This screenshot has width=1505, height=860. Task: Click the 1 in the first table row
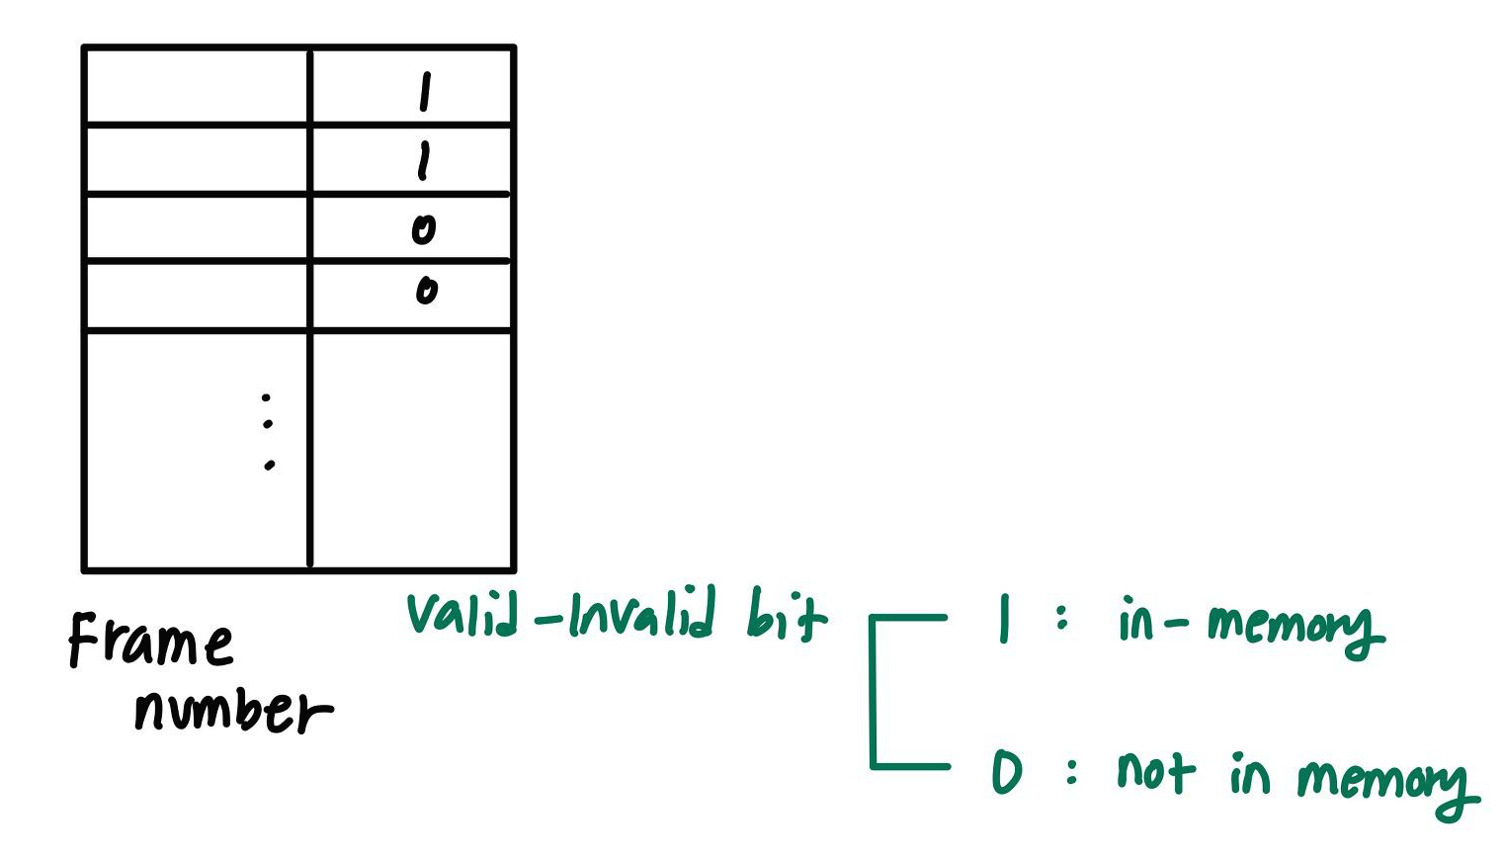(x=425, y=92)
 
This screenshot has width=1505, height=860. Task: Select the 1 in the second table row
(x=424, y=160)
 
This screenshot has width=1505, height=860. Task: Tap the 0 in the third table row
(x=423, y=229)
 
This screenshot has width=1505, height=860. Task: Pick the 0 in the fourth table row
(x=426, y=291)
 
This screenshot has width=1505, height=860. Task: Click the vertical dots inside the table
(x=267, y=432)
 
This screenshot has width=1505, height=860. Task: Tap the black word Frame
(x=150, y=641)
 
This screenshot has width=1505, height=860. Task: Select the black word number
(x=232, y=710)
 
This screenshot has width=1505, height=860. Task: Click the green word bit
(x=786, y=617)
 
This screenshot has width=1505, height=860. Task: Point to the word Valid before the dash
(x=461, y=614)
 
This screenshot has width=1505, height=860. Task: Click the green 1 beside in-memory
(x=1004, y=620)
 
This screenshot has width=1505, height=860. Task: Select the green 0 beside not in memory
(x=1006, y=772)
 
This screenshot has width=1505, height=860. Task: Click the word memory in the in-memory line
(x=1295, y=627)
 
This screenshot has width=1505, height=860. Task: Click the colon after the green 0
(x=1072, y=771)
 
